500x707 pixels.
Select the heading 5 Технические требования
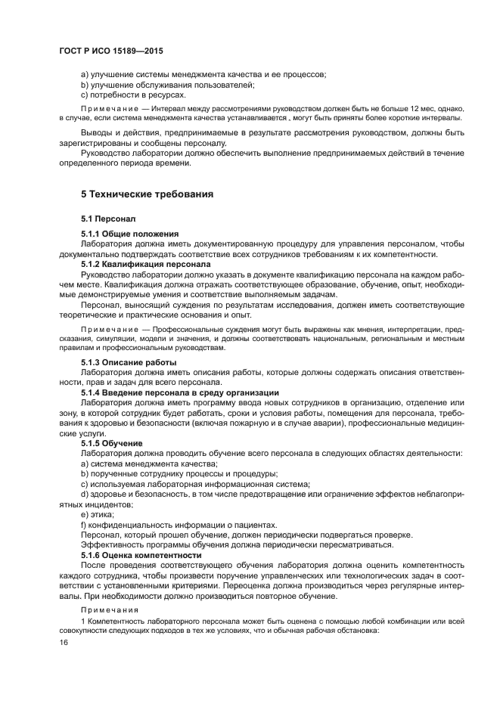pos(148,194)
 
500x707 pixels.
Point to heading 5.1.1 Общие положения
pos(130,234)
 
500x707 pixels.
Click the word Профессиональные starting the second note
pos(185,330)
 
